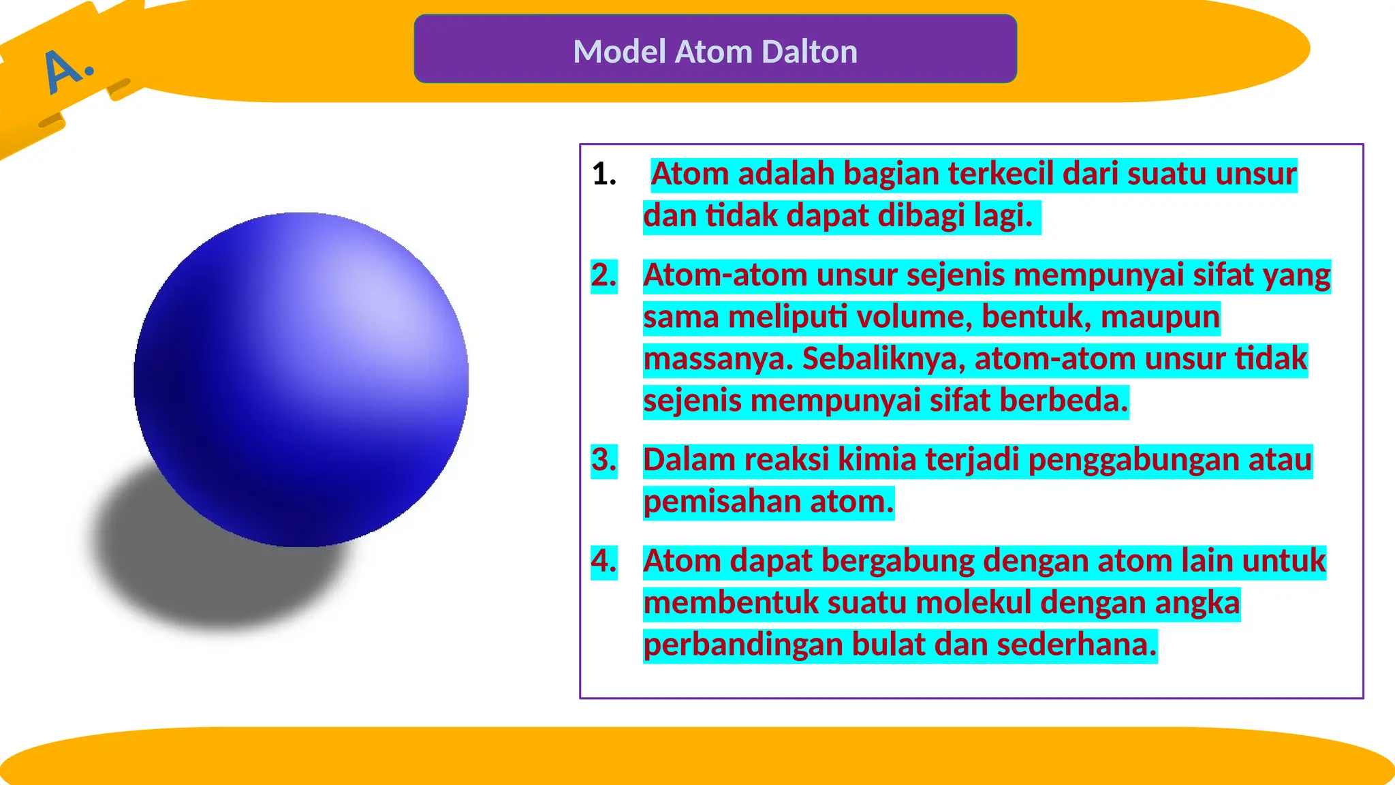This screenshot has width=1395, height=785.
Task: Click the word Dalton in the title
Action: [809, 52]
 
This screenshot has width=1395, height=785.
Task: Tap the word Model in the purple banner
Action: [619, 52]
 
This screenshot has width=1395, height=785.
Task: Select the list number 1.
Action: [604, 174]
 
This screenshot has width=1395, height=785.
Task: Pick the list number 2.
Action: [604, 275]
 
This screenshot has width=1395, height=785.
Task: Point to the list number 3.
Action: [604, 460]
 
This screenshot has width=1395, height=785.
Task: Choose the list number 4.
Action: [604, 561]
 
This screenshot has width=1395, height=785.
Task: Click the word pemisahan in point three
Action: [722, 502]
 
